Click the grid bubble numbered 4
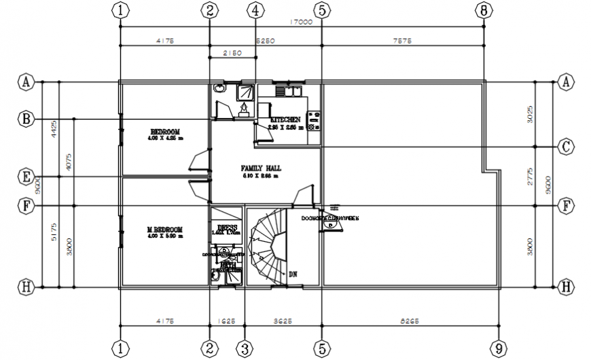255,10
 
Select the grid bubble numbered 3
244,349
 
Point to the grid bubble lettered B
25,119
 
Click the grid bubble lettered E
25,177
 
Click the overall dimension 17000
301,22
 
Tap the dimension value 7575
403,41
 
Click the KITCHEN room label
285,120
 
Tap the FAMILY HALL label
261,167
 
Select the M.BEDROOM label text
164,231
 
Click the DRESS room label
226,228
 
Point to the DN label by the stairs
293,274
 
